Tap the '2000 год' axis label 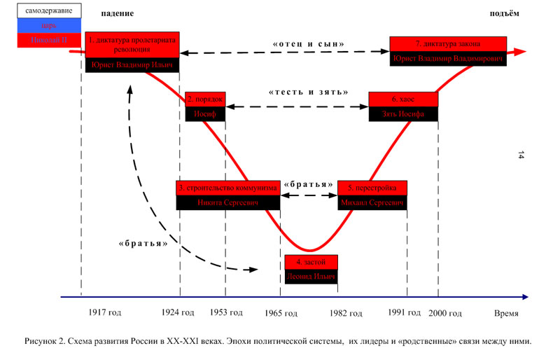pyautogui.click(x=445, y=312)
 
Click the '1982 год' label pyautogui.click(x=346, y=312)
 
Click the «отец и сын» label pyautogui.click(x=309, y=43)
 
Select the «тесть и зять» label pyautogui.click(x=309, y=92)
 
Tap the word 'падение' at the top pyautogui.click(x=117, y=14)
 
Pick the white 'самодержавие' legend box pyautogui.click(x=41, y=11)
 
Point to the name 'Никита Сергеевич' pyautogui.click(x=228, y=203)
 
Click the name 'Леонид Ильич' pyautogui.click(x=311, y=277)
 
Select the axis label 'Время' pyautogui.click(x=507, y=312)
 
